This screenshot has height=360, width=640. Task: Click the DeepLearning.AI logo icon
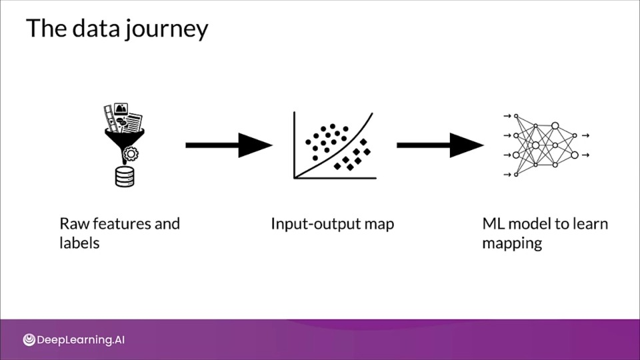pos(29,339)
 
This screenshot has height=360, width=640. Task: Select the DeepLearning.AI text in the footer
pos(81,340)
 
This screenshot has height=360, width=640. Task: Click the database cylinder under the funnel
pos(125,177)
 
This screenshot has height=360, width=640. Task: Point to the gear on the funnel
pos(131,154)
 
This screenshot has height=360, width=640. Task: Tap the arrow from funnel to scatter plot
pos(229,145)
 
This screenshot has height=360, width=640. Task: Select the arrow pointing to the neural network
pos(441,145)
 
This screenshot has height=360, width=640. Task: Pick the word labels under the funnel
pos(79,243)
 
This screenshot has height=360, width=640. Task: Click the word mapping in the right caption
pos(512,244)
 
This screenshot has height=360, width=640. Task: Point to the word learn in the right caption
pos(591,224)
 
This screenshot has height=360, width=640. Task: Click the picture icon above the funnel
pos(121,109)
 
